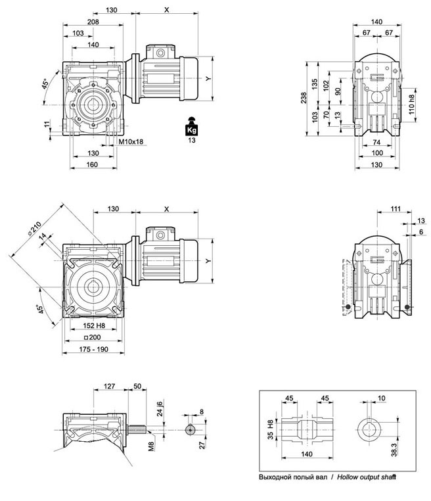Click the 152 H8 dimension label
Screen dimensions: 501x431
tap(95, 325)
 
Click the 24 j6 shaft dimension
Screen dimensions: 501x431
tap(158, 410)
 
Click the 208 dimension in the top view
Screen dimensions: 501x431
tap(93, 22)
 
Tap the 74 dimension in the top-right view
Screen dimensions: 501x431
tap(376, 141)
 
